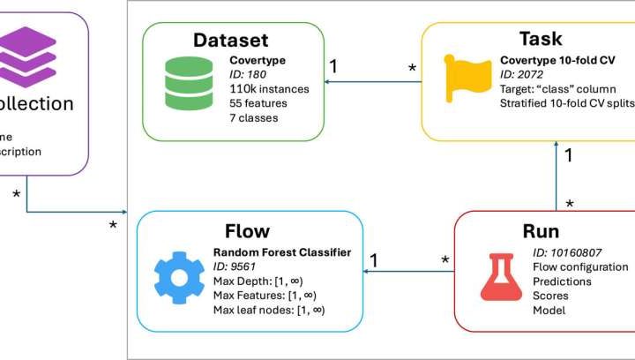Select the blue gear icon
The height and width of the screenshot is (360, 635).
tap(179, 276)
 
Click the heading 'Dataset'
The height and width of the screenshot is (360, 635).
tap(230, 41)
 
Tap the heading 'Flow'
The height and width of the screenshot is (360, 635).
tap(247, 231)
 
